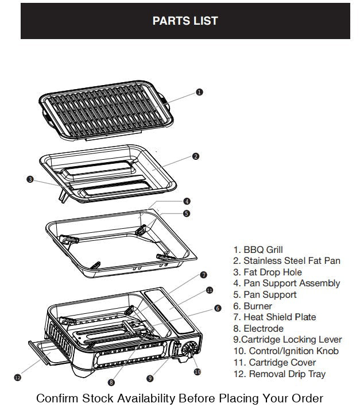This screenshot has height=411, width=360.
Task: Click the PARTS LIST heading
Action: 185,21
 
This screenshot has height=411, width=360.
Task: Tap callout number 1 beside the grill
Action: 199,92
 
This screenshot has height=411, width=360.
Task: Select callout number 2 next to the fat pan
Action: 196,156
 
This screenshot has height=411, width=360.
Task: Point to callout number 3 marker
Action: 30,179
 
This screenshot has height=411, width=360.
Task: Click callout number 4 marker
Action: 187,202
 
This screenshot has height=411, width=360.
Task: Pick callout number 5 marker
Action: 187,213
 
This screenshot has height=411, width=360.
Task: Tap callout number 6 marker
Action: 218,308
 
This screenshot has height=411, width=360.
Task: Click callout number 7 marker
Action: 203,275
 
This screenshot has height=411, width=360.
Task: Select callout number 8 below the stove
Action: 111,382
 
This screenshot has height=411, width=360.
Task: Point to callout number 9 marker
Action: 150,378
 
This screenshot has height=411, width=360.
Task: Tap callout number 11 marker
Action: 209,291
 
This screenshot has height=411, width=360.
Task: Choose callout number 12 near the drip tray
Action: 17,377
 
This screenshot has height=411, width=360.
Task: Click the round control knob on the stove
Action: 189,349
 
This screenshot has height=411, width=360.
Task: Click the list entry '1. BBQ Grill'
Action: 258,250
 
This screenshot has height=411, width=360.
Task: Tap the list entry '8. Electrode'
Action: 258,329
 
